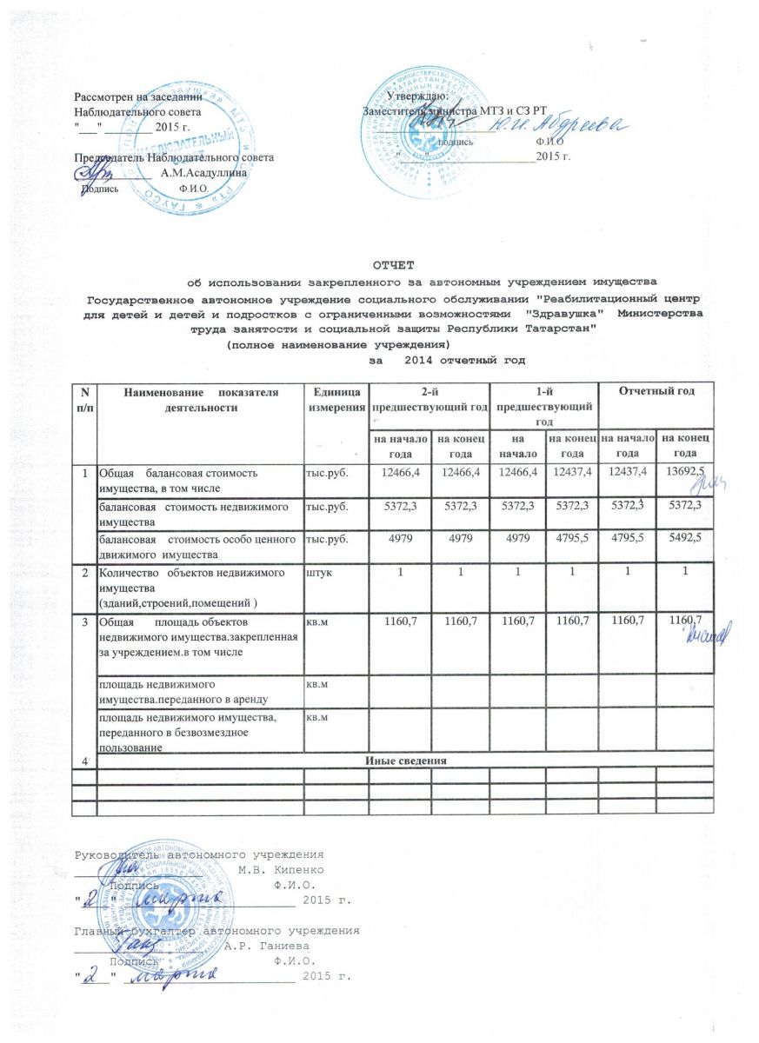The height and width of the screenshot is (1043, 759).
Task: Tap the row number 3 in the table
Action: tap(85, 623)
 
